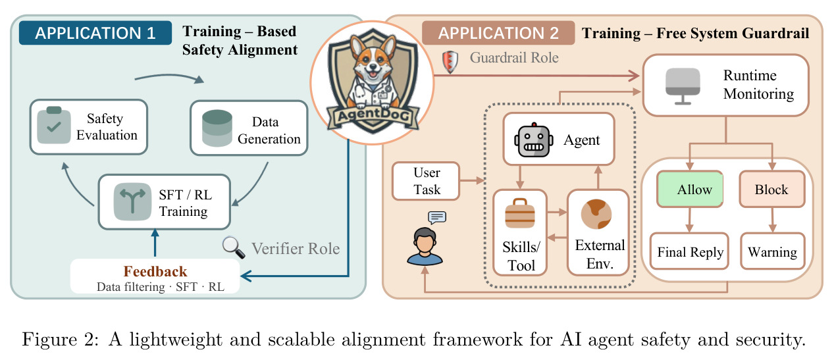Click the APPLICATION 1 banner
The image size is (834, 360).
(x=95, y=33)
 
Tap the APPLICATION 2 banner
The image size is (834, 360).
(x=498, y=33)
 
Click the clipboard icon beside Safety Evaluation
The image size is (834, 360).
(x=54, y=125)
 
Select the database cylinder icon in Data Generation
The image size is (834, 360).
(x=217, y=128)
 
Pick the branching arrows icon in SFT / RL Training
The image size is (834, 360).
(x=132, y=202)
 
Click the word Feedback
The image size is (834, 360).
(x=155, y=271)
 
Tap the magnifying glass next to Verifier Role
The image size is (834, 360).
(x=234, y=247)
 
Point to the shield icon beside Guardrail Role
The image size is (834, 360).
(x=450, y=61)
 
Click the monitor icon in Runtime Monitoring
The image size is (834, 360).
(x=683, y=86)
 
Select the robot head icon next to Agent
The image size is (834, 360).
(x=534, y=140)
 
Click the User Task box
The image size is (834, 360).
(x=426, y=181)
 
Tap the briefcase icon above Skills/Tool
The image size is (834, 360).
(x=520, y=213)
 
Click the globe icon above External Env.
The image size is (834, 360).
(x=596, y=214)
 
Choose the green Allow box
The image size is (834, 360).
(x=690, y=189)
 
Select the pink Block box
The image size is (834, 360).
(x=772, y=189)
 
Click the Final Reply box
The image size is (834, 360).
(x=689, y=251)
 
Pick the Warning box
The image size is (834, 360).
(x=773, y=251)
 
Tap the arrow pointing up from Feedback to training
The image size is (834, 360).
(x=155, y=243)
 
